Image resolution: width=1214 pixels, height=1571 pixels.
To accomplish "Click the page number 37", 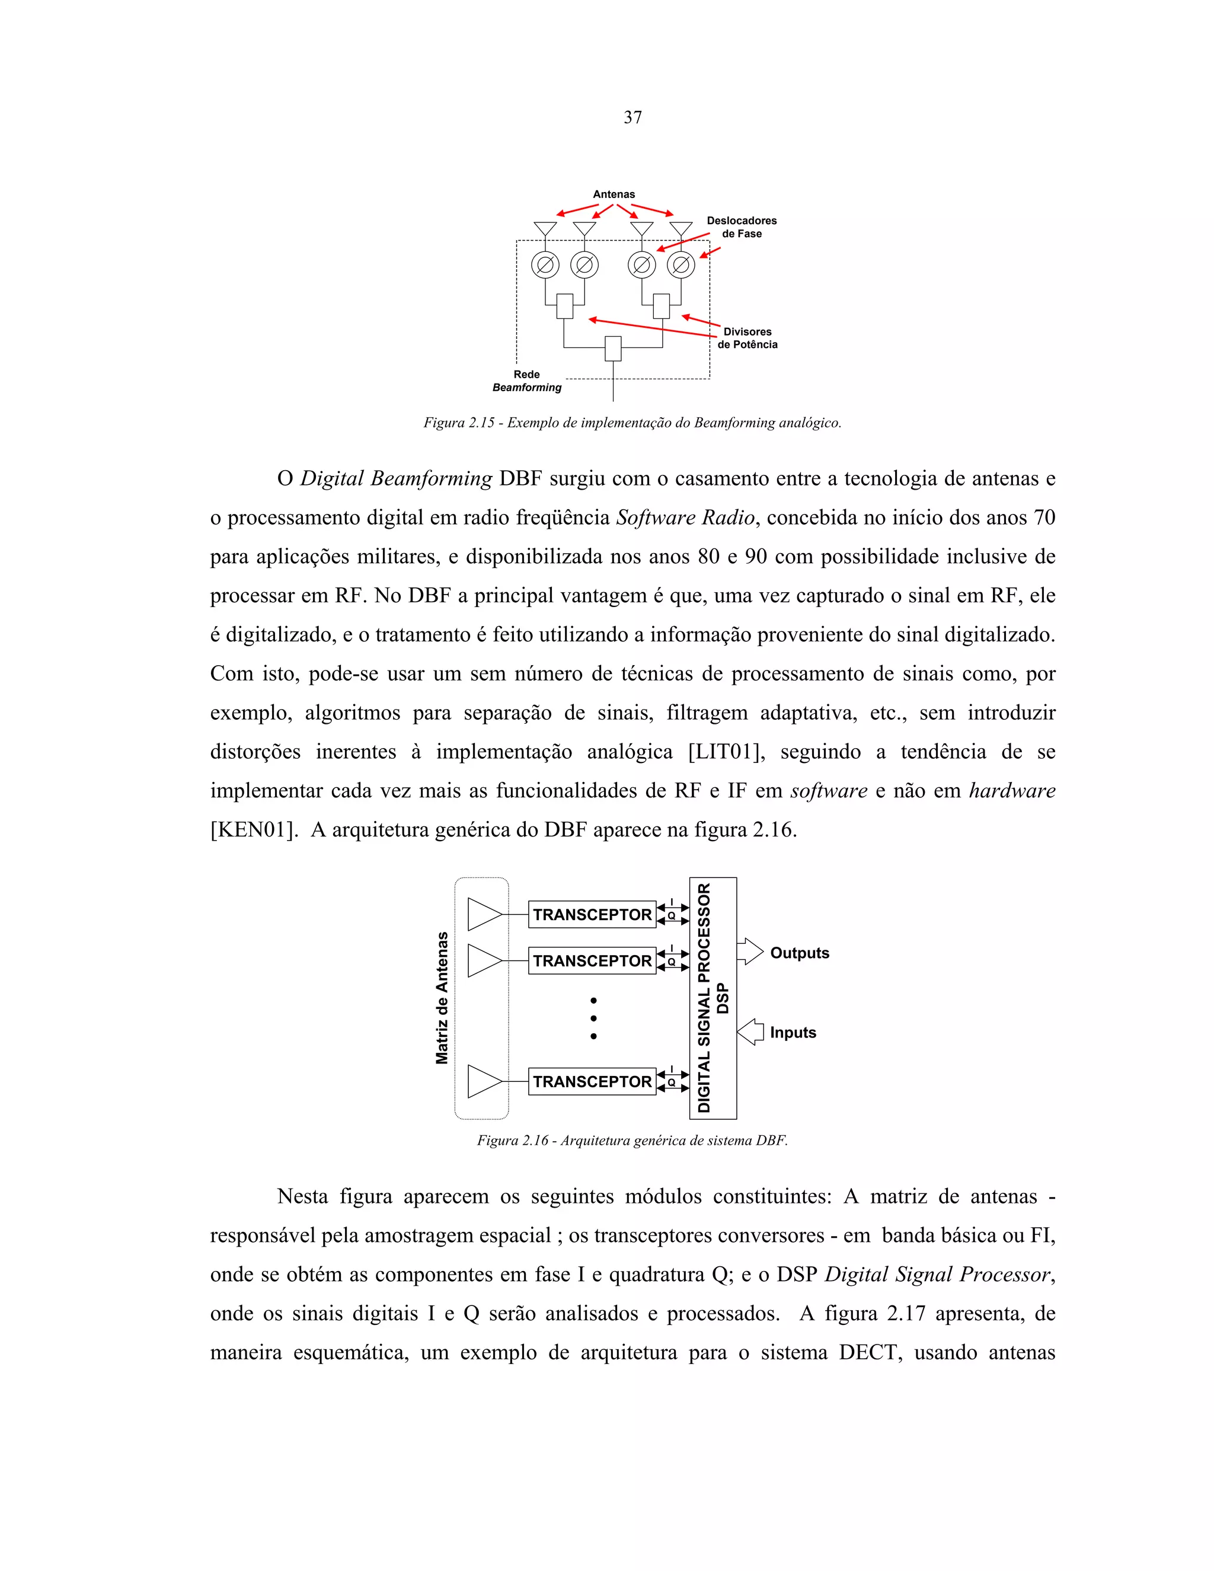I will pos(632,117).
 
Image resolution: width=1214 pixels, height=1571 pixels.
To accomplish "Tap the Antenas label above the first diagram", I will pos(614,194).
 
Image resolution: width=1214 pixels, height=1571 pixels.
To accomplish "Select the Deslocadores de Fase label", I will pos(742,227).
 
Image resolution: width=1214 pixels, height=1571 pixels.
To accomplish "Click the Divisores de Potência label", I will pos(747,338).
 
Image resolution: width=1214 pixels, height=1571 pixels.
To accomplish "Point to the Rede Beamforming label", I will pos(527,381).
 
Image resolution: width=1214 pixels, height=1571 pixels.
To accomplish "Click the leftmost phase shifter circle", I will pos(545,266).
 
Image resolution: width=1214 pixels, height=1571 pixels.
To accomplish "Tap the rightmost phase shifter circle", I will pos(681,266).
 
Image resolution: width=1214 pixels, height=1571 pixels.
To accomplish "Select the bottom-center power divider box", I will pos(613,348).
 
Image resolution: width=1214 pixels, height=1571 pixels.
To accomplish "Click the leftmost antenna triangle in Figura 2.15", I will pos(545,229).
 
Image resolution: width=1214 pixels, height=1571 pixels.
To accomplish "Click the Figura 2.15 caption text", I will pos(632,423).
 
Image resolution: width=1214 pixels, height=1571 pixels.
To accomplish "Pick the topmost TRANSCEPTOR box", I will pos(592,914).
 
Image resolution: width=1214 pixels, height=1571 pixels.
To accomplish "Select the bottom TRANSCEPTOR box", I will pos(592,1081).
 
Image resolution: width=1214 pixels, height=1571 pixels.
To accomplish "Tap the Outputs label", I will pos(799,953).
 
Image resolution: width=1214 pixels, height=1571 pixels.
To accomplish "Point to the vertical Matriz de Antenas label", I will pos(442,998).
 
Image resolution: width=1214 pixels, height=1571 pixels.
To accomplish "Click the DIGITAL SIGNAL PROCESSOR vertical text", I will pos(704,998).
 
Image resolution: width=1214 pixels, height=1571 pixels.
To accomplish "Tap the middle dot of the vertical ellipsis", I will pos(593,1018).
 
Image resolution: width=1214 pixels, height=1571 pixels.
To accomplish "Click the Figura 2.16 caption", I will pos(632,1141).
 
